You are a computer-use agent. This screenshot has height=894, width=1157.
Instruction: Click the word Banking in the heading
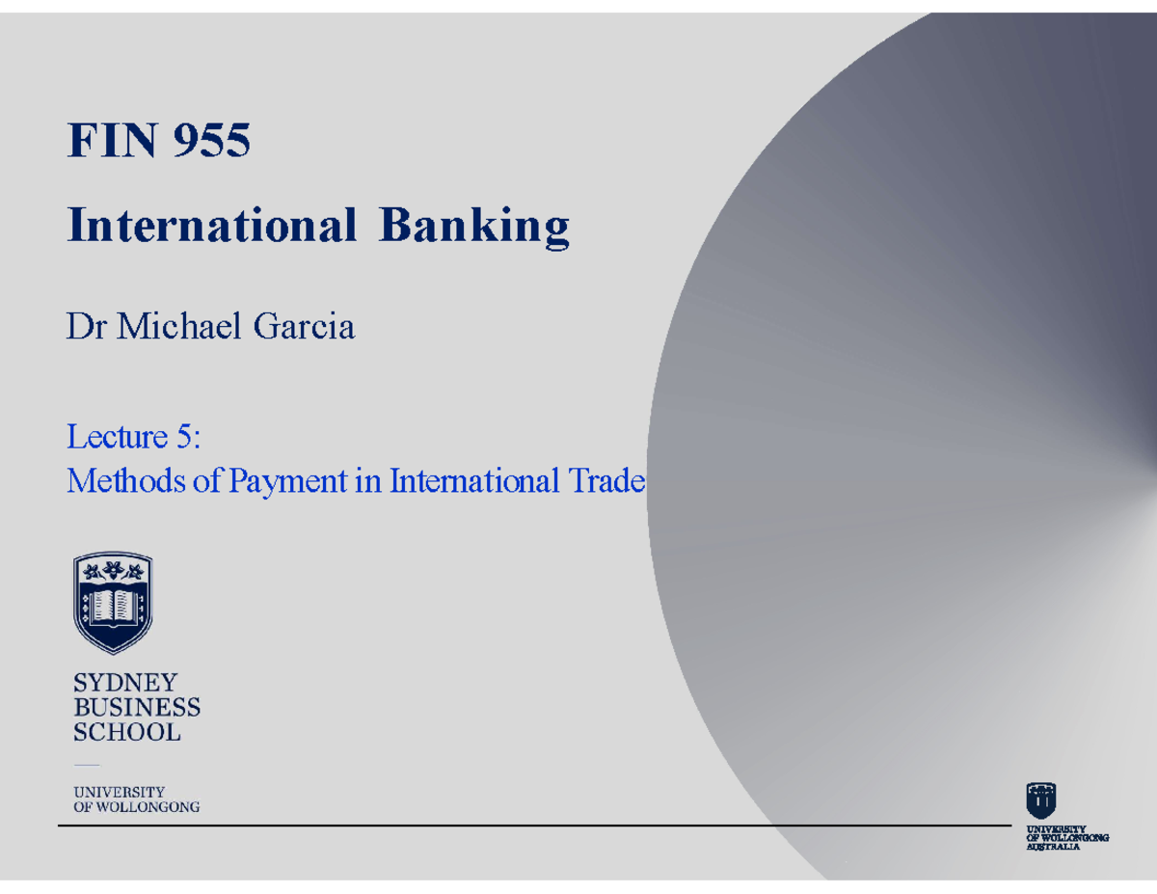point(473,228)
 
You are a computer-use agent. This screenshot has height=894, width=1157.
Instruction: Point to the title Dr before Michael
point(84,328)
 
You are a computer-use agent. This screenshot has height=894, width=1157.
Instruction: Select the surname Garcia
point(304,328)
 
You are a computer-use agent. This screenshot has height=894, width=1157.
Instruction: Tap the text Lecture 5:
point(132,438)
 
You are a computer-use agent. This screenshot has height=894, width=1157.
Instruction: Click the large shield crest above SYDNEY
point(113,603)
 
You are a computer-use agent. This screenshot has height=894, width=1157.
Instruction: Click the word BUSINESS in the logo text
point(137,708)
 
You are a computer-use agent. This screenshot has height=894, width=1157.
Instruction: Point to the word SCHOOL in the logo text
point(127,732)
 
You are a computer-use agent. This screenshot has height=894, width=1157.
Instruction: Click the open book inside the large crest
point(113,606)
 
